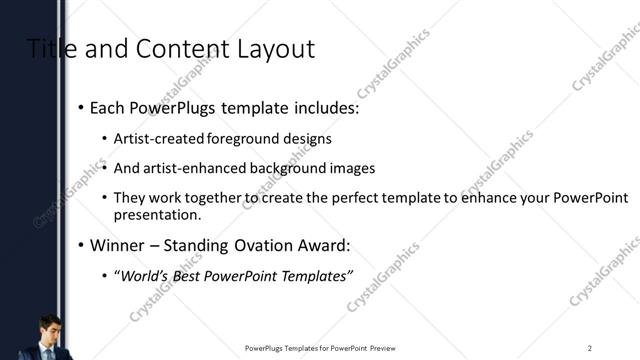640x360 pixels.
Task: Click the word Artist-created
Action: click(159, 138)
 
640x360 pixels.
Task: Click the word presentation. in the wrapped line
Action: click(157, 215)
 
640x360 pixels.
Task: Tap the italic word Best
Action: click(188, 276)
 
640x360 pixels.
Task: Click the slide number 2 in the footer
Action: click(589, 348)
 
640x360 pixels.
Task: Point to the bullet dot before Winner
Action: click(81, 246)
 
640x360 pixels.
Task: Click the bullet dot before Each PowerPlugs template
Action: click(81, 108)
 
